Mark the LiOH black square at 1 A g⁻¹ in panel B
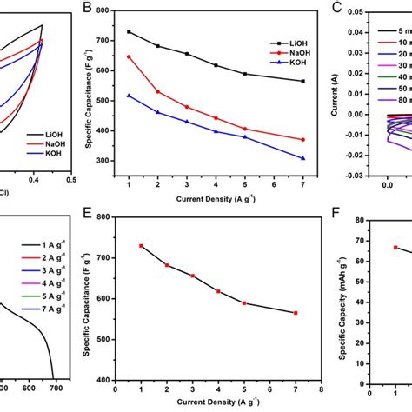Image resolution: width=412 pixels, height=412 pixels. (129, 32)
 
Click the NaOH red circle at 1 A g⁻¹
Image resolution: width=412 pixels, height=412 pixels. (129, 57)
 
